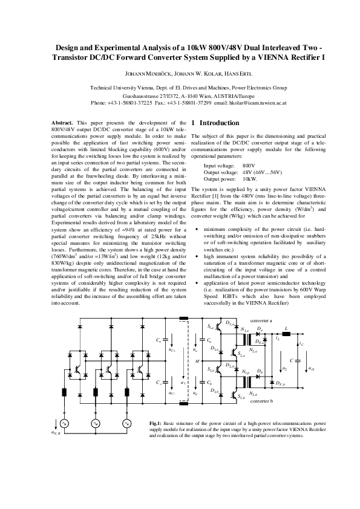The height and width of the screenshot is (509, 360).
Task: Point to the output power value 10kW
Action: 250,180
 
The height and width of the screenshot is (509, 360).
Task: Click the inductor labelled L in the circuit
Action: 286,333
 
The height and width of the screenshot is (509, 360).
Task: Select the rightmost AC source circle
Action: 127,424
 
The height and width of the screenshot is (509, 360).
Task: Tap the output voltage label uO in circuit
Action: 311,368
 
